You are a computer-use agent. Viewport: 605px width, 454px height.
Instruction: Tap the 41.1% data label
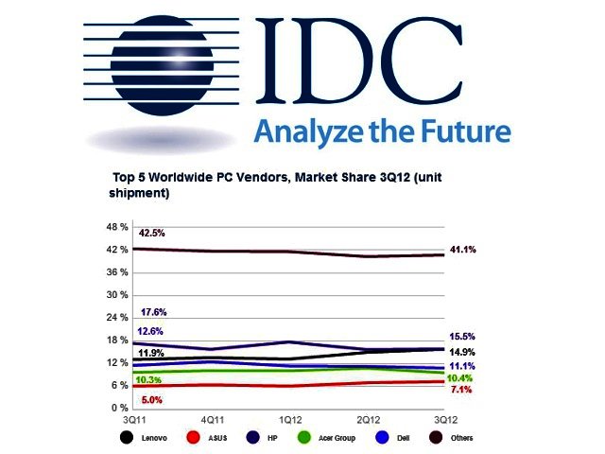pyautogui.click(x=461, y=250)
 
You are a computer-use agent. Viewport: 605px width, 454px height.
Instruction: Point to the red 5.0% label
pyautogui.click(x=151, y=400)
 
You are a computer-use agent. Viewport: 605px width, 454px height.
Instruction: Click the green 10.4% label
pyautogui.click(x=461, y=377)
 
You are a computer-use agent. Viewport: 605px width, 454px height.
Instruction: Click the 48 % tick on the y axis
pyautogui.click(x=115, y=227)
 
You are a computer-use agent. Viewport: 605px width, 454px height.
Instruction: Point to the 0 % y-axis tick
pyautogui.click(x=118, y=408)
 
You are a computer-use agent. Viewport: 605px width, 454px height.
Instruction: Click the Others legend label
pyautogui.click(x=462, y=439)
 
